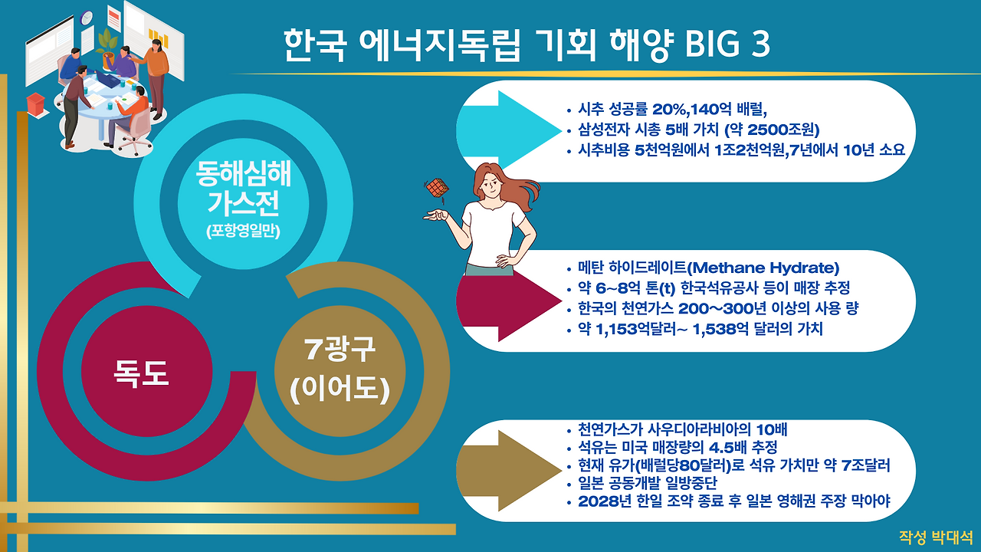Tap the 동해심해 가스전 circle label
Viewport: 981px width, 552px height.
(244, 189)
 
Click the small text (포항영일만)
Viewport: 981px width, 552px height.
(244, 231)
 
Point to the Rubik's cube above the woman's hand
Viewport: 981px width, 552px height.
(438, 189)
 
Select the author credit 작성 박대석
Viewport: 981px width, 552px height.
(936, 537)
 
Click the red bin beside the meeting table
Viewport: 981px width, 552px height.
(35, 102)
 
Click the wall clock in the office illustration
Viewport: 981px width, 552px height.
(87, 17)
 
